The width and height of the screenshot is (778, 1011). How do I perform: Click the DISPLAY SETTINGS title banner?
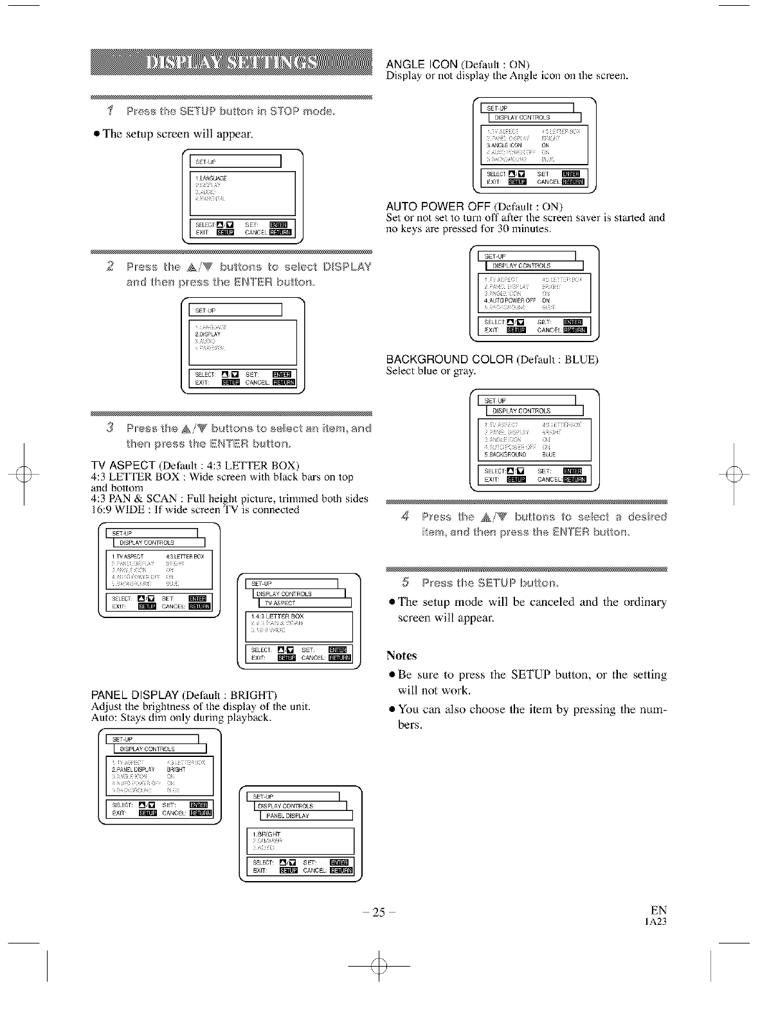pos(232,62)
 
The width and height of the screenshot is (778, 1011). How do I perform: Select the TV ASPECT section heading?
pos(124,466)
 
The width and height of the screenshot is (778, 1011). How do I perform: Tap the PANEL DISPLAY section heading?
pos(135,695)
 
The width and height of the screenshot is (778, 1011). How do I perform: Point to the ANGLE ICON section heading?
pos(422,64)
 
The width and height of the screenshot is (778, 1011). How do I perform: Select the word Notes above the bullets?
pos(402,656)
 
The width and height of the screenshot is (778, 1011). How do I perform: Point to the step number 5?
pos(405,583)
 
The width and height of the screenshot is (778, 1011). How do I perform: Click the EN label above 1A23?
pos(658,910)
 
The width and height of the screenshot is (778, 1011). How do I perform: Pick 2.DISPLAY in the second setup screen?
pos(208,334)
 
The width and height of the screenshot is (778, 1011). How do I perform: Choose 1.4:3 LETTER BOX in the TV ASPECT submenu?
pos(278,617)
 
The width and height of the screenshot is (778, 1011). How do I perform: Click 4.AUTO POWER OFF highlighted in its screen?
pos(510,300)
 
